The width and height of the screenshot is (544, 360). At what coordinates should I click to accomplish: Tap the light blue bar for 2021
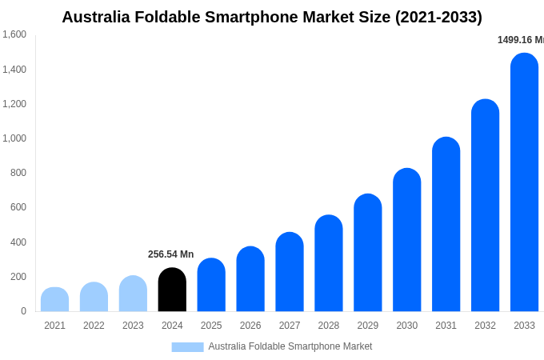point(54,299)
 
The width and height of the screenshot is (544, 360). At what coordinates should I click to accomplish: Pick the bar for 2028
point(328,263)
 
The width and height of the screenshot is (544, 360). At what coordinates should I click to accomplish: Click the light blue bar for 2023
point(133,294)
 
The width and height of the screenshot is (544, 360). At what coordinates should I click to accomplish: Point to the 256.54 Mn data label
point(170,254)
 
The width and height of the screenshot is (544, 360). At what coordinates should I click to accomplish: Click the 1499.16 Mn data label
point(521,40)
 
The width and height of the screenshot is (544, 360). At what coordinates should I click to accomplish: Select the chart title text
point(272,17)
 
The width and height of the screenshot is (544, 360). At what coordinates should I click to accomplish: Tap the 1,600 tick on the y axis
point(14,34)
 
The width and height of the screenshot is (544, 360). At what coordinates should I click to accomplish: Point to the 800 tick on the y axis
point(18,173)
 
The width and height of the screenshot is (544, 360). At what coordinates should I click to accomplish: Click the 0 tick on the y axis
point(23,311)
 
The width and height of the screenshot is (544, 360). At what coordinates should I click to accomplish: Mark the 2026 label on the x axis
point(250,326)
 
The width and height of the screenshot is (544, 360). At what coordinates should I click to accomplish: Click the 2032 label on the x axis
point(485,326)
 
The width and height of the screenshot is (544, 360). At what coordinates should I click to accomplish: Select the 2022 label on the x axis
point(94,326)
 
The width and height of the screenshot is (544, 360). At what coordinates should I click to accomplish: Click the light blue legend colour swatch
point(187,347)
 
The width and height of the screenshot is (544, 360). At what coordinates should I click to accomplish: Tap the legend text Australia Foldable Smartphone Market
point(290,346)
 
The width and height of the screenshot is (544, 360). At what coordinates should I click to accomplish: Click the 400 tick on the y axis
point(18,242)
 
